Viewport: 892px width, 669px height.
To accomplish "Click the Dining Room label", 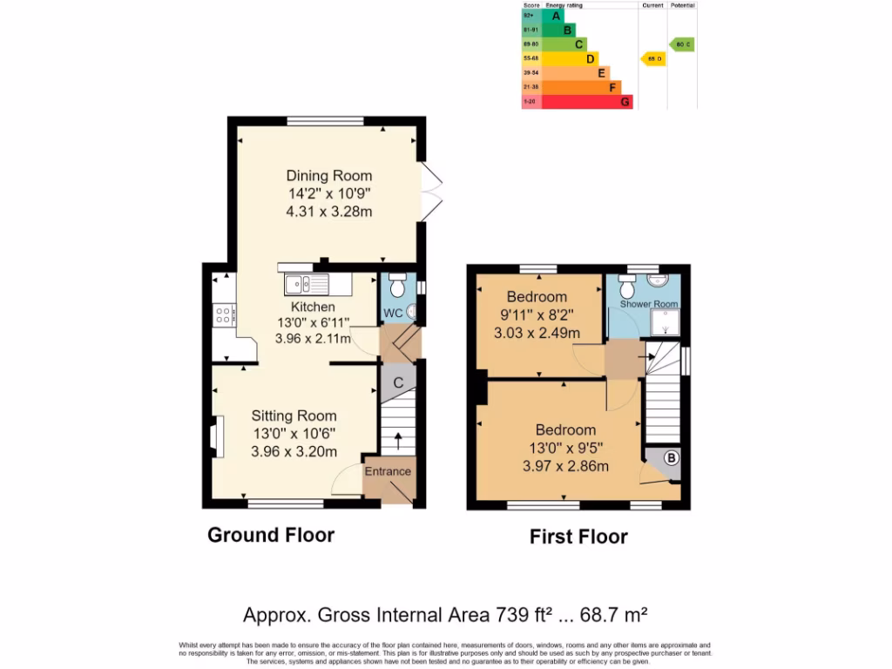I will pyautogui.click(x=328, y=176).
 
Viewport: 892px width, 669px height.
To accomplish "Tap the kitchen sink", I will pyautogui.click(x=306, y=283).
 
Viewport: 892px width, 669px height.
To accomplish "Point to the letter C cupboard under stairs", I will pyautogui.click(x=398, y=382).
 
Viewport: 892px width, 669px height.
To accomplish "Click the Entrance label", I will pyautogui.click(x=387, y=471).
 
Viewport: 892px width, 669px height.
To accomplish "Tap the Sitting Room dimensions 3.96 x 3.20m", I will pyautogui.click(x=294, y=451).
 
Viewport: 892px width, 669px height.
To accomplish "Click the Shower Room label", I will pyautogui.click(x=648, y=304).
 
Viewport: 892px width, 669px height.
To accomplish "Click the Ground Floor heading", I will pyautogui.click(x=270, y=535).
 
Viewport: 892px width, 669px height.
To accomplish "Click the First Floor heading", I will pyautogui.click(x=578, y=537).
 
